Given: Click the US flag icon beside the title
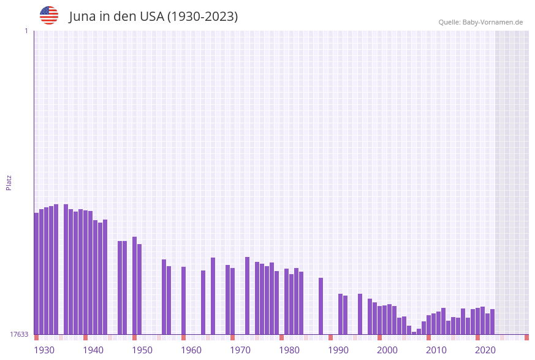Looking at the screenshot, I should (49, 15).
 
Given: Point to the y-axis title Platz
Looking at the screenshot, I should (9, 182).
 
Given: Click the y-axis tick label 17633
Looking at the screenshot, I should (18, 334).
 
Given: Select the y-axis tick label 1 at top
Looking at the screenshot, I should (26, 31).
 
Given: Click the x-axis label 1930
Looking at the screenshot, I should (44, 350).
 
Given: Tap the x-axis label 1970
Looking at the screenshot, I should (240, 350).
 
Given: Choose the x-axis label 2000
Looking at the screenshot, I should (387, 350).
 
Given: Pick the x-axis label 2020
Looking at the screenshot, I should (485, 350).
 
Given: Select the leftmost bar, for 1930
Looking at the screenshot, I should (36, 274).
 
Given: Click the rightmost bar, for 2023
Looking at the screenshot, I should (492, 321).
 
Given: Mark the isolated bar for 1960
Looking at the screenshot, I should (183, 301).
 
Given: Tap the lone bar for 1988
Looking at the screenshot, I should (321, 306).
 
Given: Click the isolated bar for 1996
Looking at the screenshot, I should (360, 314).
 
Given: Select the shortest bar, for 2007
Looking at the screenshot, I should (414, 333).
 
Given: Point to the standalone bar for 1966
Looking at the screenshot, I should (213, 296).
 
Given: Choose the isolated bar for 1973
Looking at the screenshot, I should (247, 296).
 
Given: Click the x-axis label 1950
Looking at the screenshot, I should (142, 350).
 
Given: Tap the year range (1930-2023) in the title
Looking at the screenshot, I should (202, 17).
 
